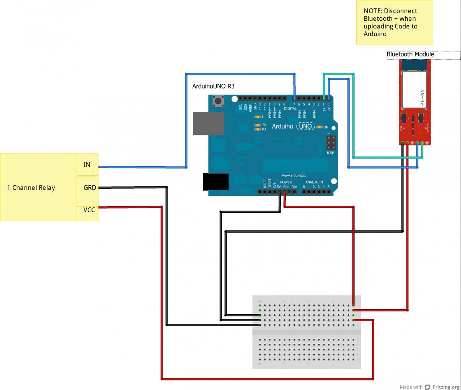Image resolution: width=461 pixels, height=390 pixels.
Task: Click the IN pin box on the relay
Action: coord(88,165)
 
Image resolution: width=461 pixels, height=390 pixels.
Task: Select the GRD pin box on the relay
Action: coord(88,188)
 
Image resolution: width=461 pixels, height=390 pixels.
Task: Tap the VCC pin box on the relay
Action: coord(88,210)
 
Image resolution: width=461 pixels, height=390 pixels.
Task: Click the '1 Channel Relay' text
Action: coord(31,188)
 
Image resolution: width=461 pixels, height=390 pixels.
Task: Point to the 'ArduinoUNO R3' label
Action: coord(213,86)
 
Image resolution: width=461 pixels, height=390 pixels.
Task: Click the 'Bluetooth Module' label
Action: coord(410,54)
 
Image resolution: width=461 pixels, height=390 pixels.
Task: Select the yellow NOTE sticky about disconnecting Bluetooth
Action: coord(395,22)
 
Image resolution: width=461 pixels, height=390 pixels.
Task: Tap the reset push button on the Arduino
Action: coord(219,101)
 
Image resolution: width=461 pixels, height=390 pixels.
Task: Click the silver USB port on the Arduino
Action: coord(208,123)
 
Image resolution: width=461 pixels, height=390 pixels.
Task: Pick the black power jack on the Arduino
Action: coord(216,182)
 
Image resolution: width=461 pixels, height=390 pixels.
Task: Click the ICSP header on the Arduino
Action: coord(331,143)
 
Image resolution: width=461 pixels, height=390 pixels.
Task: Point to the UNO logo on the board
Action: coord(305,127)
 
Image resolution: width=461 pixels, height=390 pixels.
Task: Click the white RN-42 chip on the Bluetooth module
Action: coord(415,89)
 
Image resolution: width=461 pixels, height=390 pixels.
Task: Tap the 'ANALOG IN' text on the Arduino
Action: coord(314,182)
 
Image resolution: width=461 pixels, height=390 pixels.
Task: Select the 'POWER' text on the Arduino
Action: coord(286,182)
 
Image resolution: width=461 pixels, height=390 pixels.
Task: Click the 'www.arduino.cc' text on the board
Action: coord(294,175)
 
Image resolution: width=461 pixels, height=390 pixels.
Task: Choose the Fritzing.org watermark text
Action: coord(446,387)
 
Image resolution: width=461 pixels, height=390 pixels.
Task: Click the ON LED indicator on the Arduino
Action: coord(319,127)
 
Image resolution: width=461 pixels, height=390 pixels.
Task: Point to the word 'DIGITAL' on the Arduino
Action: coord(290,109)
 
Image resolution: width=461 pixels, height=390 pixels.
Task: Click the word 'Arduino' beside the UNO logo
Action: coord(282,127)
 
